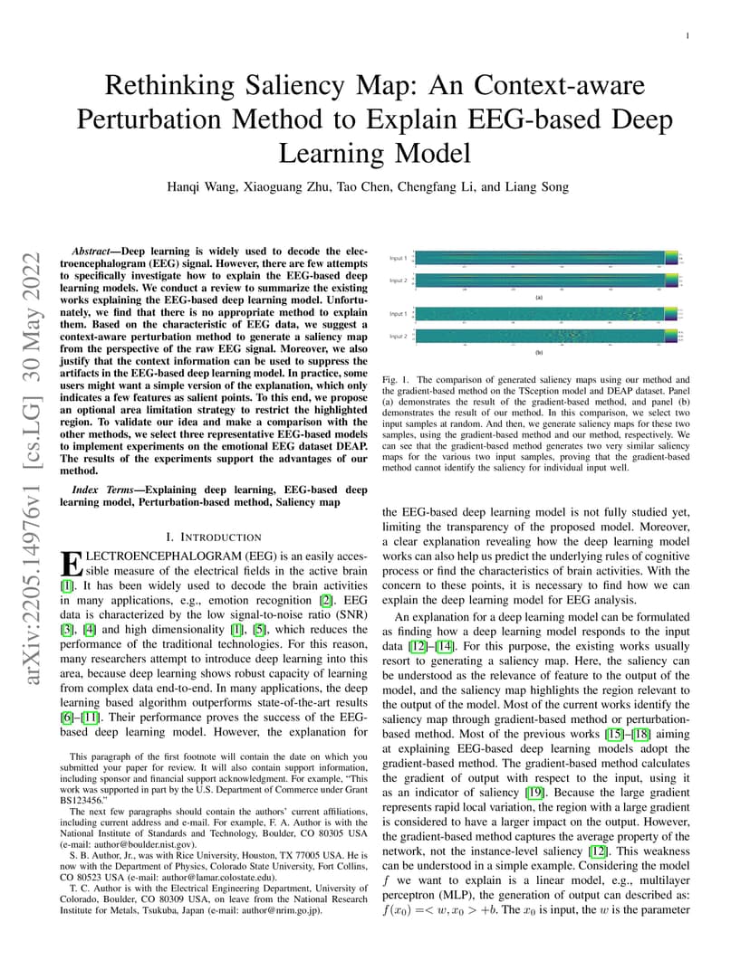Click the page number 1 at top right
[x=688, y=35]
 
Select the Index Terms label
[x=102, y=490]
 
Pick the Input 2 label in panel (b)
[x=398, y=336]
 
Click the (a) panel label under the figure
[x=540, y=296]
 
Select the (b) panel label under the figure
[x=540, y=353]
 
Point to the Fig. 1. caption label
[x=396, y=380]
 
